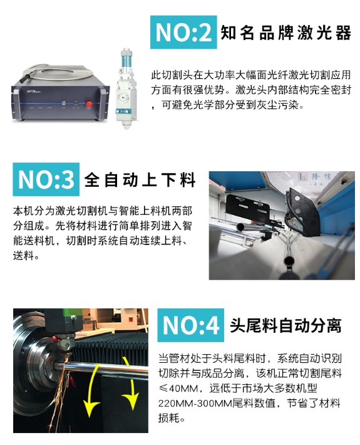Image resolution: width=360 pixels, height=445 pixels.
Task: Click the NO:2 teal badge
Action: pyautogui.click(x=183, y=33)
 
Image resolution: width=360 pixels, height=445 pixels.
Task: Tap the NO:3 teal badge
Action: pyautogui.click(x=46, y=179)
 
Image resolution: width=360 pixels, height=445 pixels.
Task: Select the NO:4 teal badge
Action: pyautogui.click(x=190, y=325)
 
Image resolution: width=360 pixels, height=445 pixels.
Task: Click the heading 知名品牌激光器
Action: pyautogui.click(x=285, y=33)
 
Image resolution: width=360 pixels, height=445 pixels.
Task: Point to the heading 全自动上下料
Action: pyautogui.click(x=140, y=180)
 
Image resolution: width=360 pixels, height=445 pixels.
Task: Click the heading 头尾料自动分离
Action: pyautogui.click(x=285, y=325)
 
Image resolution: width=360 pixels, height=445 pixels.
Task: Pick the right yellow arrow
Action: pyautogui.click(x=131, y=383)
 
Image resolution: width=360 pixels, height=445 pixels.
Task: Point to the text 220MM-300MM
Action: pyautogui.click(x=195, y=403)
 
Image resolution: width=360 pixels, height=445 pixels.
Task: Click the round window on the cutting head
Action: pyautogui.click(x=124, y=98)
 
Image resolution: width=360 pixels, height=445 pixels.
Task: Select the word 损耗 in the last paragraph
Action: pyautogui.click(x=168, y=418)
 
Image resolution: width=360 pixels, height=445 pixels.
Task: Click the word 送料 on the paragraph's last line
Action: pyautogui.click(x=23, y=256)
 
